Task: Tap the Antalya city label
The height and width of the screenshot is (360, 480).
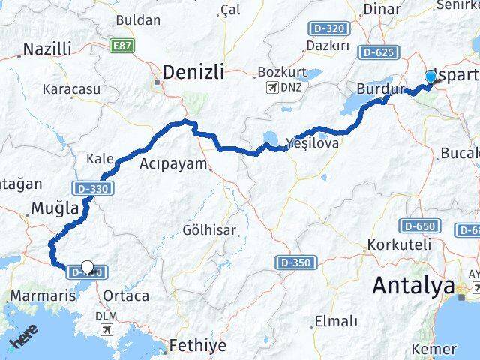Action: pyautogui.click(x=414, y=286)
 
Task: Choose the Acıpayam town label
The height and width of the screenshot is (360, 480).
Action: pyautogui.click(x=173, y=163)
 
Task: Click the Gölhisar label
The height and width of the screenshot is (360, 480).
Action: pyautogui.click(x=209, y=229)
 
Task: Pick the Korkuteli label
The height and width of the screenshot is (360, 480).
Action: pyautogui.click(x=399, y=245)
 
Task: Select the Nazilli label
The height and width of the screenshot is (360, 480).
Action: pyautogui.click(x=47, y=49)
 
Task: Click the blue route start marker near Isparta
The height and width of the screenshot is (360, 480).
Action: pyautogui.click(x=430, y=77)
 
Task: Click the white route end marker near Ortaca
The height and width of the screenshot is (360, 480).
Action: pyautogui.click(x=88, y=267)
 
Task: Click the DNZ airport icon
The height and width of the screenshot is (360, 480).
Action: pyautogui.click(x=270, y=88)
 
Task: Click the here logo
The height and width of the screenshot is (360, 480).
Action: pyautogui.click(x=22, y=343)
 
